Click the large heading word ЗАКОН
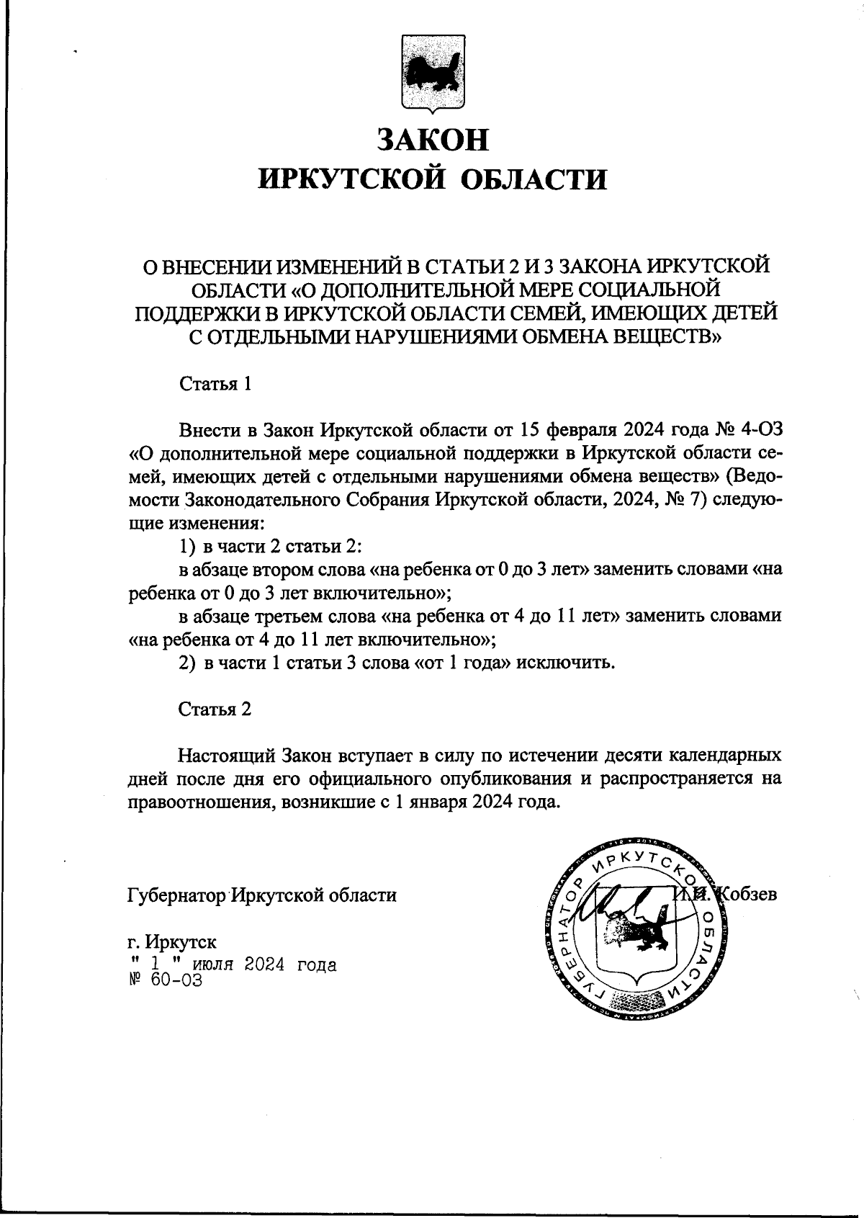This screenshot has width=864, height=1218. point(433,139)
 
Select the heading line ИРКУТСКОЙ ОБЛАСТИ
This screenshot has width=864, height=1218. point(432,179)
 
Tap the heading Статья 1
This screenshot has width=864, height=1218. point(215,383)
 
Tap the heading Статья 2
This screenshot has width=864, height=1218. point(215,709)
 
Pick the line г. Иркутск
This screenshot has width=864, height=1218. point(171,942)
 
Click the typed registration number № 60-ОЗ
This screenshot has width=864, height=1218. point(165,980)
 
